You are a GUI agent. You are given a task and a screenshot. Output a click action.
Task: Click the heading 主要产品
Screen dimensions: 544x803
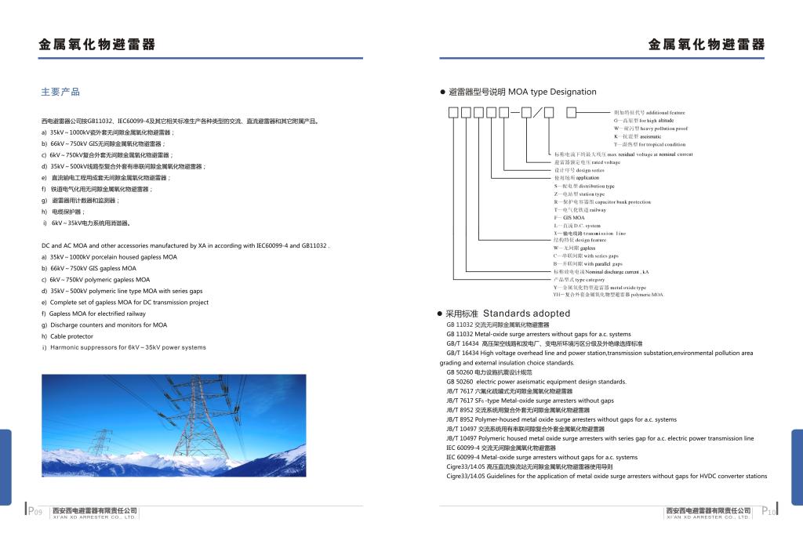pyautogui.click(x=60, y=92)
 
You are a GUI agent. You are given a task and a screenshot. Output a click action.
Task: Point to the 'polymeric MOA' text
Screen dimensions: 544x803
pyautogui.click(x=647, y=295)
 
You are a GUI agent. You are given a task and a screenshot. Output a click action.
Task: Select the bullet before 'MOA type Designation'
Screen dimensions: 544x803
pyautogui.click(x=442, y=92)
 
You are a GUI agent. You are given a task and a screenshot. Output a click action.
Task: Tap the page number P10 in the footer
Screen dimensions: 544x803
pyautogui.click(x=768, y=512)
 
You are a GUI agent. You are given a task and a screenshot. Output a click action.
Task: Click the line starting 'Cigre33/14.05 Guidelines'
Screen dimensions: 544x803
pyautogui.click(x=606, y=476)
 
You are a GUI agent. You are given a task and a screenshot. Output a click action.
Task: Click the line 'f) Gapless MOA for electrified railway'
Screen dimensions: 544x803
pyautogui.click(x=97, y=314)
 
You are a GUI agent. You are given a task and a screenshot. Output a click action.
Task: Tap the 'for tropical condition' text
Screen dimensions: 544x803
pyautogui.click(x=661, y=144)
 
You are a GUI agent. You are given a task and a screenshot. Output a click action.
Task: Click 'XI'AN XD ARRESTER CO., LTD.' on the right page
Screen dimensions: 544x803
pyautogui.click(x=707, y=517)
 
